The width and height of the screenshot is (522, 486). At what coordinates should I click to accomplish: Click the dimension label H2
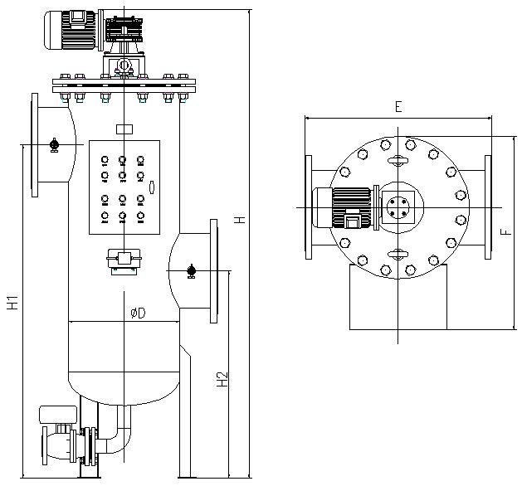tap(222, 379)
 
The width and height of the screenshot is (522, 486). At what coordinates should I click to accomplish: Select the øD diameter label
tap(138, 313)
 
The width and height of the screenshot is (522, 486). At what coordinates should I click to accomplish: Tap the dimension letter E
tap(398, 107)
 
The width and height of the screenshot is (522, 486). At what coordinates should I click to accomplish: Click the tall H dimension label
tap(239, 220)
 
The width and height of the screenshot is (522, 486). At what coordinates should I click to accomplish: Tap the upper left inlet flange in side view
tap(35, 145)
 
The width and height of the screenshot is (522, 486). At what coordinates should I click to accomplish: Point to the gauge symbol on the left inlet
tap(54, 145)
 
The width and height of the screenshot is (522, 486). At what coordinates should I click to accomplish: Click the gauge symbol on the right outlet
tap(191, 270)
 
